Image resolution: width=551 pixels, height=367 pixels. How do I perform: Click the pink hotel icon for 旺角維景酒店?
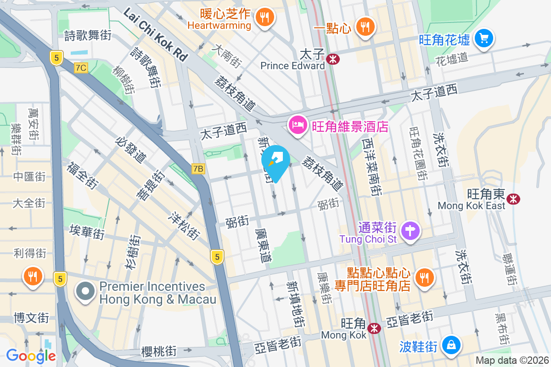pos(298,124)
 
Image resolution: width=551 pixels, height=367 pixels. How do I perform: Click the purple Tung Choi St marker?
pos(410,230)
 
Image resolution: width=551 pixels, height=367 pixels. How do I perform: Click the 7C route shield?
pos(81,68)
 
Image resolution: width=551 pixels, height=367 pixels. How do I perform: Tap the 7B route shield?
pos(198,169)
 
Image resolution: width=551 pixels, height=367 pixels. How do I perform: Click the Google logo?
pos(31,356)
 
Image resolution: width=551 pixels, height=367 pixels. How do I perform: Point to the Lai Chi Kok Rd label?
pos(156,35)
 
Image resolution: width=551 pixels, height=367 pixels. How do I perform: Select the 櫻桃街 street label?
pos(158,352)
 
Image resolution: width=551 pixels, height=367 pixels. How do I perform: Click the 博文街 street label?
pos(31,317)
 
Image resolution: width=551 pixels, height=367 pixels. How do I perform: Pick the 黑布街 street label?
pos(503,329)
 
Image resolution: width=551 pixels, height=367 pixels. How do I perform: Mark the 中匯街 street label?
pos(29,177)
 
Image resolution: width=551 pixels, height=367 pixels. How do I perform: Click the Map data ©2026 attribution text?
pos(512,360)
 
